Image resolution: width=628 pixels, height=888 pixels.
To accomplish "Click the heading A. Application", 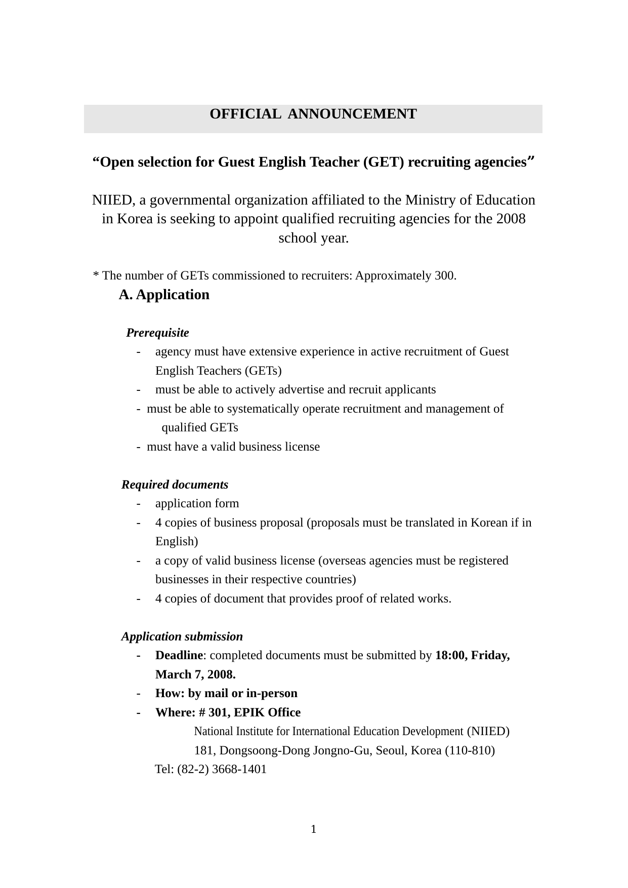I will [x=164, y=295].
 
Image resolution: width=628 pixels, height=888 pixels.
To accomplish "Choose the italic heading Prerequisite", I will [x=157, y=333].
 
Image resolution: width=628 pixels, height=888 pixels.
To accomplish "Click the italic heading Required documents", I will [x=175, y=485].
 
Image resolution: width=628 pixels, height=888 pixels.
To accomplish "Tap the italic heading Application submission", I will [x=182, y=636].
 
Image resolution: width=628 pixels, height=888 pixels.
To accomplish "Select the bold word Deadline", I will [x=179, y=655].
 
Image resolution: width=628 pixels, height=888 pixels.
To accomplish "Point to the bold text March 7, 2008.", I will [x=195, y=674].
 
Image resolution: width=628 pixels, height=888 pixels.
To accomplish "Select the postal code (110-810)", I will [x=470, y=750].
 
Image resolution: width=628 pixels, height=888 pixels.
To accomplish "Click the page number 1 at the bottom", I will [x=314, y=829].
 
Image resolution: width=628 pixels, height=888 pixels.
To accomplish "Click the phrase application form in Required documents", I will [x=197, y=503].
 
